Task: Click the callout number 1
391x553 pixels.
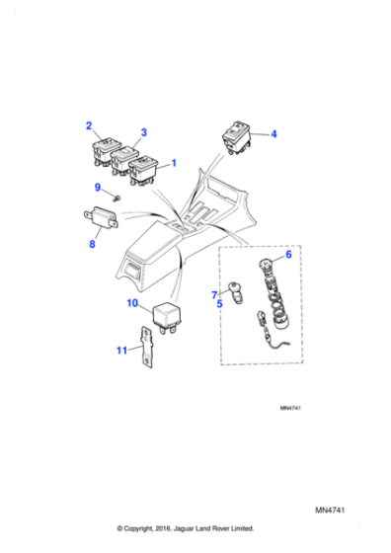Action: pos(176,162)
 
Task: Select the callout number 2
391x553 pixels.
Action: pos(89,125)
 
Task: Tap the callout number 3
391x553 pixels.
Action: pos(143,132)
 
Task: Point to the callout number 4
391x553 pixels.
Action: pos(274,133)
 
